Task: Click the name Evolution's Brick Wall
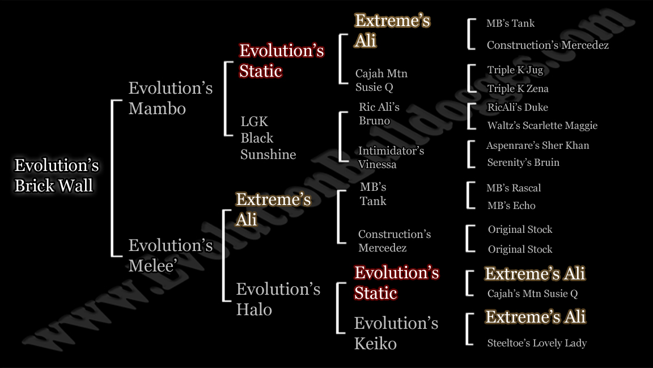tap(57, 175)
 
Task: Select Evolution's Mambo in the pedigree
tap(170, 98)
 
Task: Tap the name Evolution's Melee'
tap(170, 256)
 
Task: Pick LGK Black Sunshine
tap(268, 137)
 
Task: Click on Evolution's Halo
tap(278, 299)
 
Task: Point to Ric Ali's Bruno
tap(379, 114)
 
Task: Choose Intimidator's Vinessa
tap(391, 157)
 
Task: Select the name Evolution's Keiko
tap(396, 333)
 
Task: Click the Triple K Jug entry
tap(515, 70)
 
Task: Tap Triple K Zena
tap(518, 89)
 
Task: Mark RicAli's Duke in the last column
tap(518, 107)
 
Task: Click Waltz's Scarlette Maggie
tap(542, 126)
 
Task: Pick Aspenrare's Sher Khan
tap(537, 145)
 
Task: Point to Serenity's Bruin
tap(523, 162)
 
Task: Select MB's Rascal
tap(514, 188)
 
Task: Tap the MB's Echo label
tap(511, 205)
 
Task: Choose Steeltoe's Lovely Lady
tap(537, 343)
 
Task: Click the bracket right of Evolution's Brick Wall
tap(112, 178)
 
